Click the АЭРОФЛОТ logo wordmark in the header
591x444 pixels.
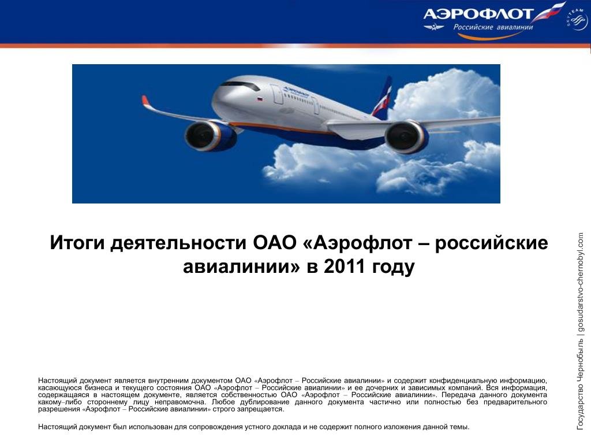477,14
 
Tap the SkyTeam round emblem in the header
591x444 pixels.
577,19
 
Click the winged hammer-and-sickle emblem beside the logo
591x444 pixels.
434,27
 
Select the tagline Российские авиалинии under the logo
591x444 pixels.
493,27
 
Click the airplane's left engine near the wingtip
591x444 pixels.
210,136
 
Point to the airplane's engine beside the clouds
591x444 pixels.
407,136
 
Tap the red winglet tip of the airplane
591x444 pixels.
145,101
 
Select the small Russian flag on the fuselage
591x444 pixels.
260,99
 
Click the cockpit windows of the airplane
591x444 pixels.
241,86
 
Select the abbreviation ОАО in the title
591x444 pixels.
275,243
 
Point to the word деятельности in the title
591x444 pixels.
179,243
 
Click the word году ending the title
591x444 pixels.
394,267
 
